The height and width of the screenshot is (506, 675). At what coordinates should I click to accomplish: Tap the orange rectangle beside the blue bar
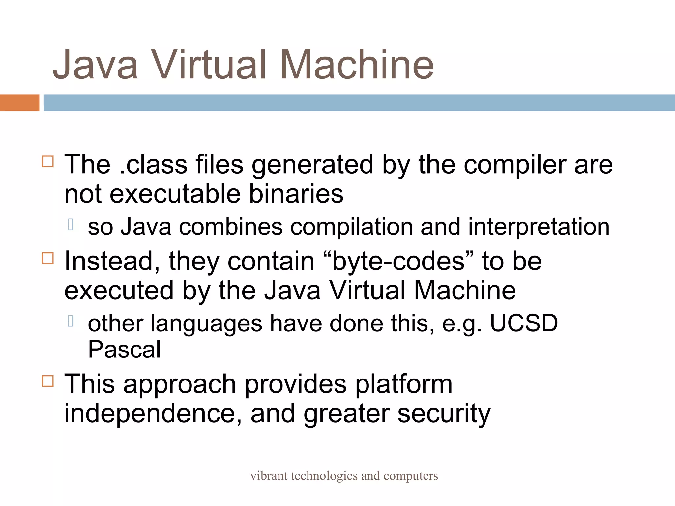(19, 102)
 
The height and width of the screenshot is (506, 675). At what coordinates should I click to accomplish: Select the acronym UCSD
(524, 323)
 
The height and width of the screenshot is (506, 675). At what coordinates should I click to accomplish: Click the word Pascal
(124, 349)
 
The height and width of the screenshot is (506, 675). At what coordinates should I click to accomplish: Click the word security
(444, 414)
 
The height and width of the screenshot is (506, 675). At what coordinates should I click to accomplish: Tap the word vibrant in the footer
(269, 476)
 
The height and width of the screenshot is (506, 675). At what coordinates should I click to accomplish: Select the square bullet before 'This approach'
(48, 381)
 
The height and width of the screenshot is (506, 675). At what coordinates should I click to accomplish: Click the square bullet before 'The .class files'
(48, 161)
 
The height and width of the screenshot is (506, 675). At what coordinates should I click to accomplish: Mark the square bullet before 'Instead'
(48, 258)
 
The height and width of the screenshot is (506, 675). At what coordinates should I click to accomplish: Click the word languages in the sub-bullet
(206, 323)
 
